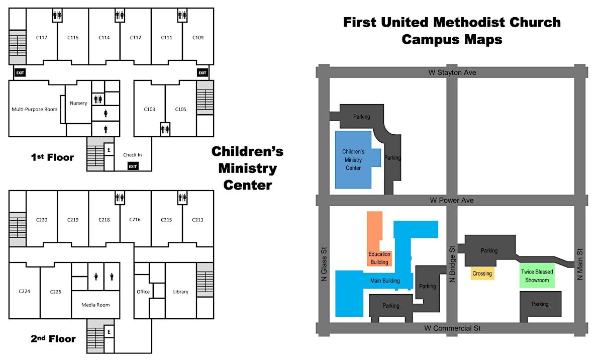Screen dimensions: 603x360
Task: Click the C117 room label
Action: point(41,38)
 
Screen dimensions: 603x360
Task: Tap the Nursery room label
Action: point(78,103)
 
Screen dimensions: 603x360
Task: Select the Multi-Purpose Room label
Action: point(35,109)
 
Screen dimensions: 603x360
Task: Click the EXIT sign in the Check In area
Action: point(133,166)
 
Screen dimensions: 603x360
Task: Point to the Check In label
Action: point(133,155)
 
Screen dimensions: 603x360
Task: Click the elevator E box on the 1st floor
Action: point(109,150)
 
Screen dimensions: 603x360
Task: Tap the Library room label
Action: point(180,292)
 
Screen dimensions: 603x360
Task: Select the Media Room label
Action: point(95,305)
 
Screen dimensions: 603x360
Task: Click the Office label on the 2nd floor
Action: point(143,292)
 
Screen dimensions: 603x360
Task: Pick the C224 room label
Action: point(25,291)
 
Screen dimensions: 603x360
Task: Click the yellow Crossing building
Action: point(482,274)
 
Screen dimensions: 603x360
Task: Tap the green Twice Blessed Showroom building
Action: point(537,275)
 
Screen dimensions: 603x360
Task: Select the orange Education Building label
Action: point(379,258)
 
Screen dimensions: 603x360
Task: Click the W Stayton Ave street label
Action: point(452,72)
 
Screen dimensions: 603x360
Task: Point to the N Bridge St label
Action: point(452,264)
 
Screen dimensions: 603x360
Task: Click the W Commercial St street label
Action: point(452,328)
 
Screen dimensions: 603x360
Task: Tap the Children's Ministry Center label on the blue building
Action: point(353,160)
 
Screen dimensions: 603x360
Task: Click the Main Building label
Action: point(385,281)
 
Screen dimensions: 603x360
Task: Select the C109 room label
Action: point(198,38)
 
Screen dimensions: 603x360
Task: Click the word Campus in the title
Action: point(430,40)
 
